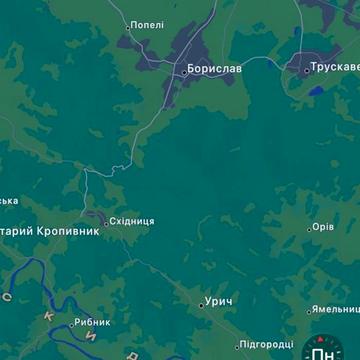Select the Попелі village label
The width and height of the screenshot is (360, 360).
(x=148, y=25)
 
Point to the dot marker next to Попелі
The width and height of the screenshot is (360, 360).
(x=128, y=26)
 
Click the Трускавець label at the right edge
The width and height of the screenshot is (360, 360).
(x=336, y=68)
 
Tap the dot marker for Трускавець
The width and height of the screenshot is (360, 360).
(x=307, y=70)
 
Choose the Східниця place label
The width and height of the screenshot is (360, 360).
(x=132, y=221)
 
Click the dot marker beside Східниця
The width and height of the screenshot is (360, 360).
(x=105, y=222)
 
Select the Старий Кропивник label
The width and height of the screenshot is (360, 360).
(x=50, y=231)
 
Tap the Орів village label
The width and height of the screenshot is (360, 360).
(x=323, y=227)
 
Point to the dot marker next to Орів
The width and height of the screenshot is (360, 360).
(x=308, y=229)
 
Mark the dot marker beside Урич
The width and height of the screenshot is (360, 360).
(x=201, y=304)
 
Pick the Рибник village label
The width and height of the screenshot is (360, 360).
(x=93, y=322)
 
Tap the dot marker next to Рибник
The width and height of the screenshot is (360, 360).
(x=72, y=323)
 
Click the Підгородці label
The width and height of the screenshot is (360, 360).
(x=268, y=344)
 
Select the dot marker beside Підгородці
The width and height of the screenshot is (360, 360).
(x=239, y=345)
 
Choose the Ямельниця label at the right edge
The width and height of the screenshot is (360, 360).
(x=336, y=309)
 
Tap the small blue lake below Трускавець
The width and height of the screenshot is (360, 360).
(x=317, y=91)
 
